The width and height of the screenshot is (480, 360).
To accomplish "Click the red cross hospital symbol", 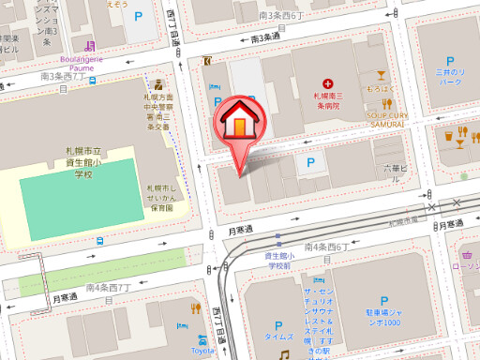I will (326, 84).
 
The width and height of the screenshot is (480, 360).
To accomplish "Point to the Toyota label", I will (203, 351).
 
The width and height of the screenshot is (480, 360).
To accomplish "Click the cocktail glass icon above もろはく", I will (381, 74).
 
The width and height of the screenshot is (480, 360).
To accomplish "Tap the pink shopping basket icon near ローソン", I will (466, 253).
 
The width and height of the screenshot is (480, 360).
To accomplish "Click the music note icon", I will (283, 354).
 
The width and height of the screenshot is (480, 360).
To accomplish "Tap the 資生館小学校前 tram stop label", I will (279, 260).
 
